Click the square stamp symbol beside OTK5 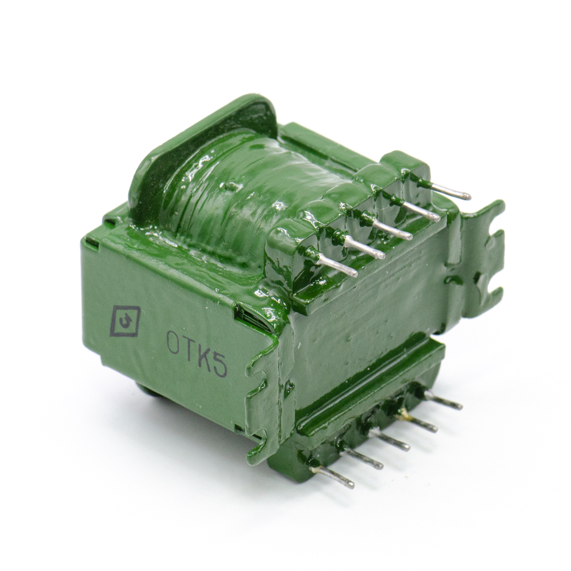pyautogui.click(x=126, y=320)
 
